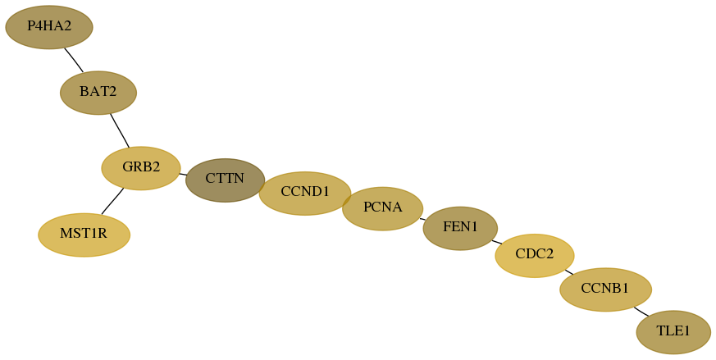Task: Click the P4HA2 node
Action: [x=49, y=27]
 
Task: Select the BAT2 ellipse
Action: [x=98, y=93]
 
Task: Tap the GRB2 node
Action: [x=141, y=168]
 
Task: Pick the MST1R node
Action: [x=84, y=235]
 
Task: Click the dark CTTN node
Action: [x=225, y=180]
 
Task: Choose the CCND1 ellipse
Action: [x=305, y=194]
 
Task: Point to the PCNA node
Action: [x=383, y=208]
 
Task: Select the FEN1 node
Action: [x=460, y=228]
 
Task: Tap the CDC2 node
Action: [x=535, y=255]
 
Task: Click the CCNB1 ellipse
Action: [x=605, y=289]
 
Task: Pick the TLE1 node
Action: [x=673, y=332]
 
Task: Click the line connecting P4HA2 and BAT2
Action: [x=74, y=60]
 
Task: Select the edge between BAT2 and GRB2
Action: [x=120, y=130]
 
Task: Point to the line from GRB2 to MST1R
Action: [x=112, y=201]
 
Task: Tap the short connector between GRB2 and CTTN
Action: [x=183, y=174]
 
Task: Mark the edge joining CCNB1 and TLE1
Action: [x=641, y=312]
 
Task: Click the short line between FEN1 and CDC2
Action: [x=497, y=242]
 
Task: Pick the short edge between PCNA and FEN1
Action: [x=423, y=219]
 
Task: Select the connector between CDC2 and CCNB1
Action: [x=569, y=272]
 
